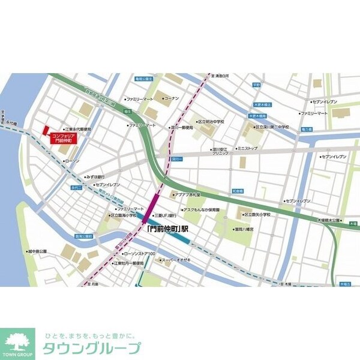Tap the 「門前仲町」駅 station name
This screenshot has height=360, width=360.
point(168,229)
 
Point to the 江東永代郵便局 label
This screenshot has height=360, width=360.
point(79,129)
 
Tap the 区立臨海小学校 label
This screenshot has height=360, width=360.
point(127,215)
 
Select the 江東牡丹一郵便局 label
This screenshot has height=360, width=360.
point(125,263)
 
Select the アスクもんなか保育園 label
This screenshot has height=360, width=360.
point(202,209)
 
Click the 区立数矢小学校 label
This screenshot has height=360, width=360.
point(257,215)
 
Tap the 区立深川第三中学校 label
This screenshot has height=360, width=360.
point(273,127)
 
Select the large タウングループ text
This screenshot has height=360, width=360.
point(90,349)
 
